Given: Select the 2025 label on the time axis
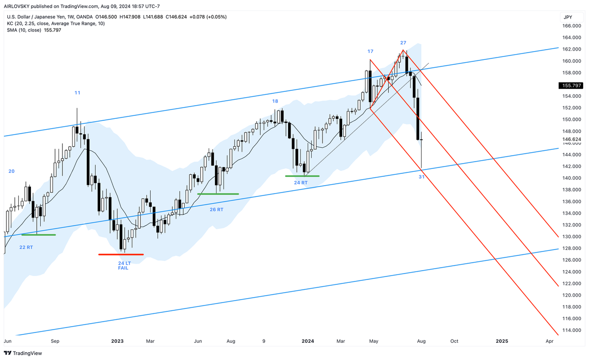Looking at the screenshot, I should point(502,341).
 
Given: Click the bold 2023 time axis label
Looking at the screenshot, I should point(117,341).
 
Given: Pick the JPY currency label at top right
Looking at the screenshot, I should point(568,17).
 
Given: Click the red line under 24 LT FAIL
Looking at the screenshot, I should point(121,254).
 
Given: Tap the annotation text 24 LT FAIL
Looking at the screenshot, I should point(123,266).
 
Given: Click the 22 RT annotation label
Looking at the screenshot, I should point(26,247).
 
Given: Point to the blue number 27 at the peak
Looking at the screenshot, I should point(403,43).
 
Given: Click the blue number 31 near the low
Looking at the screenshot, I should point(422,177).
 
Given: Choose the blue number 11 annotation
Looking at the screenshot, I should point(78,92).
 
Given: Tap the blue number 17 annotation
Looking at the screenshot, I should point(370,51).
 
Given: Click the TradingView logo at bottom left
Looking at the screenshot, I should point(23,353).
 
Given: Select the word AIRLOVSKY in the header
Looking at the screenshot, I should point(19,6).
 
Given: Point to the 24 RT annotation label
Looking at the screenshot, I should point(301,183).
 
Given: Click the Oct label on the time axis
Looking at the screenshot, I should point(454,341).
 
